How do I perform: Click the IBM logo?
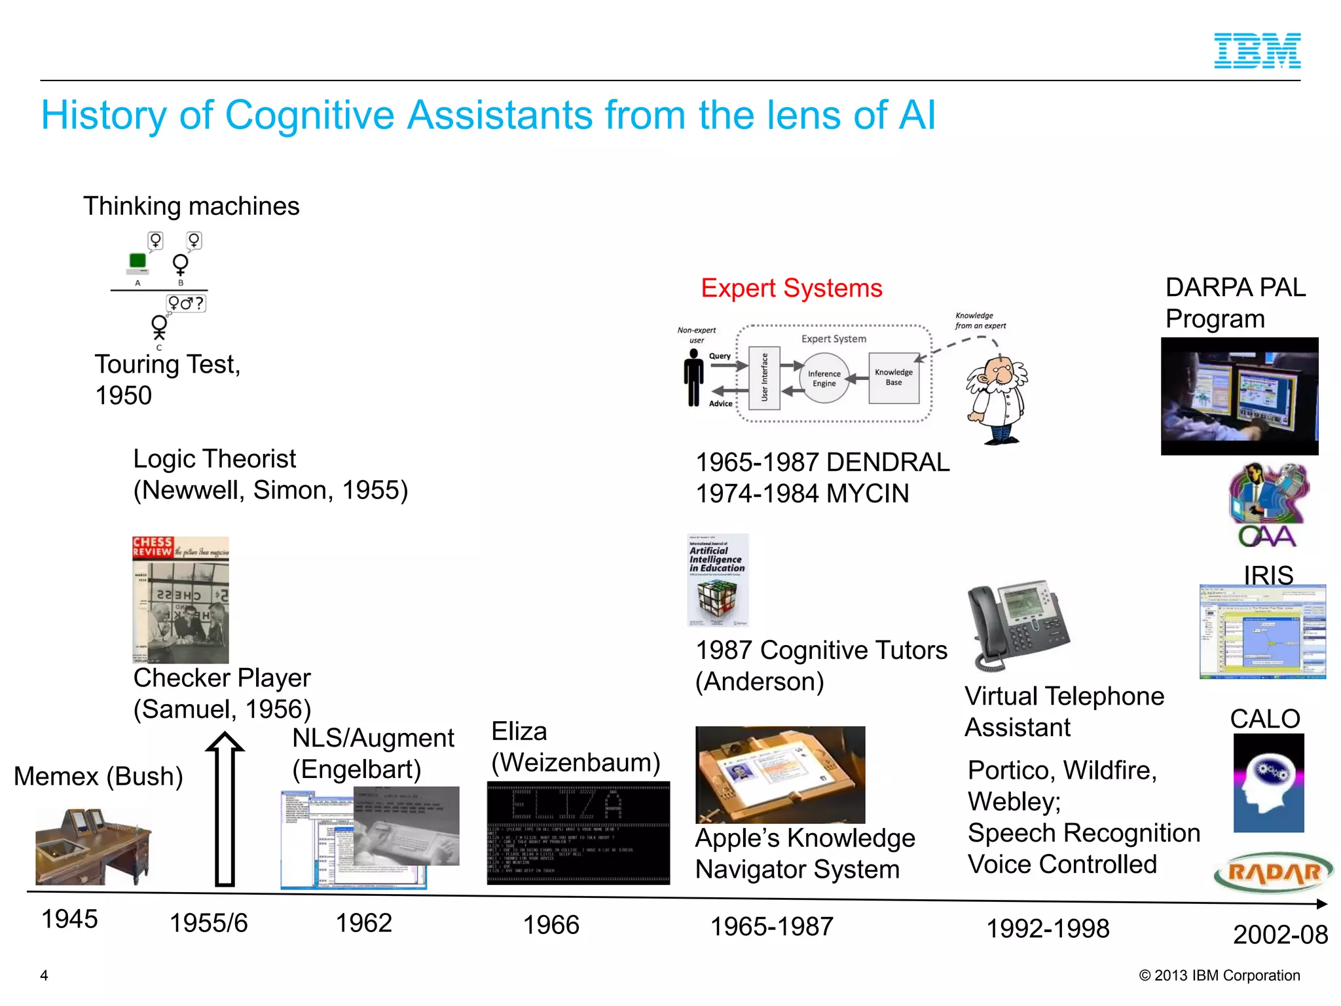point(1257,51)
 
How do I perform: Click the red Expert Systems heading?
point(791,288)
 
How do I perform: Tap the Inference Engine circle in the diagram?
point(824,379)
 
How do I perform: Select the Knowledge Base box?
point(893,378)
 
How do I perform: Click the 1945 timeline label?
point(69,919)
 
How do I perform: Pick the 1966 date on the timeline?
point(551,925)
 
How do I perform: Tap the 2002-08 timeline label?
point(1279,934)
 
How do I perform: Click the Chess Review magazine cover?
point(181,599)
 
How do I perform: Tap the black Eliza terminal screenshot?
point(578,833)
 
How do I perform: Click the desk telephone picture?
point(1017,624)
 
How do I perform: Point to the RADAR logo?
point(1273,872)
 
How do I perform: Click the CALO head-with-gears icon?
point(1268,783)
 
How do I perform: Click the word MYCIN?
point(868,493)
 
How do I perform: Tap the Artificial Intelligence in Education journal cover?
point(718,580)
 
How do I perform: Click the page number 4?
point(44,975)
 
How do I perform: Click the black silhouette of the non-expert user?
point(693,378)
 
